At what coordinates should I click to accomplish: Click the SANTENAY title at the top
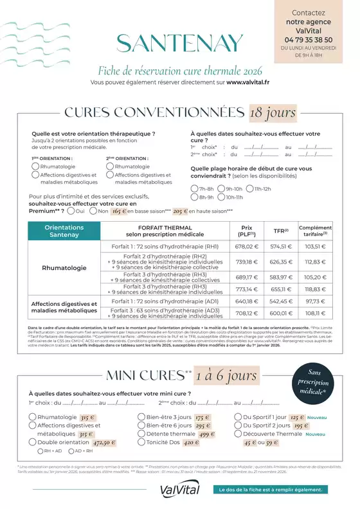tap(180, 42)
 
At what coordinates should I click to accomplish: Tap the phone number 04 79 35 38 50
tap(308, 39)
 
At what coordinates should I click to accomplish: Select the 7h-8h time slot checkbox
tap(194, 189)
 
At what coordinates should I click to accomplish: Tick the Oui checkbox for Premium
tap(71, 211)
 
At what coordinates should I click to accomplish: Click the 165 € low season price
tap(119, 211)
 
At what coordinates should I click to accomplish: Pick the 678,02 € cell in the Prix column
tap(246, 246)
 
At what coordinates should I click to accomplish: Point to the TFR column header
tap(280, 230)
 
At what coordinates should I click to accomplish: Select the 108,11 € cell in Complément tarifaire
tap(316, 313)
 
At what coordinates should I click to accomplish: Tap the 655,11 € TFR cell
tap(281, 290)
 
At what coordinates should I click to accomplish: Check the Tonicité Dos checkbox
tap(141, 442)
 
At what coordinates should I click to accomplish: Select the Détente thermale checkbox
tap(141, 434)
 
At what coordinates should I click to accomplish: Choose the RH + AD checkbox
tap(40, 451)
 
